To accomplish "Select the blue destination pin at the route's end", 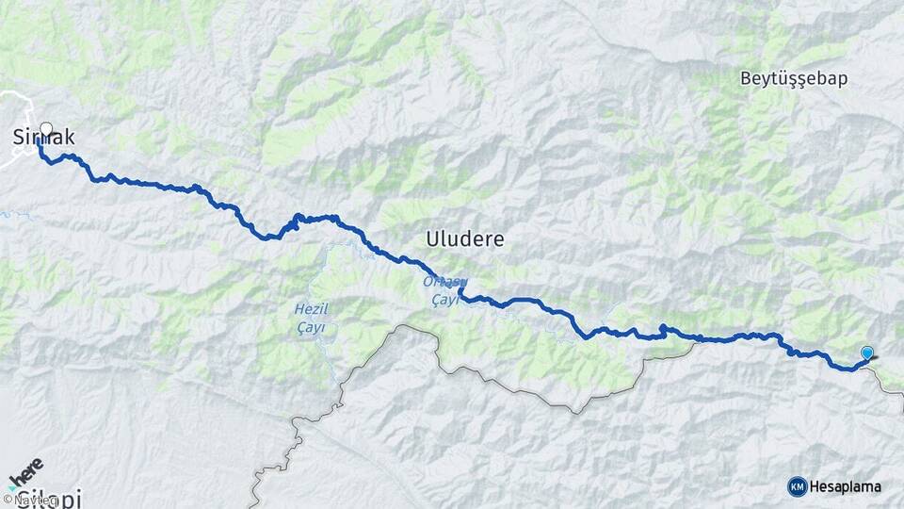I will tap(867, 353).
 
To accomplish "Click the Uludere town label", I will tap(464, 239).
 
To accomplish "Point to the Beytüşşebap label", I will tap(794, 78).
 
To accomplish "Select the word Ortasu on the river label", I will tap(444, 282).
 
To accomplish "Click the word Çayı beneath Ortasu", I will tap(444, 299).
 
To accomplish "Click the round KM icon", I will tap(797, 486).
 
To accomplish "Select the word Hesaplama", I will tap(846, 486).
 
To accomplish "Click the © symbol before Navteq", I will tap(7, 499).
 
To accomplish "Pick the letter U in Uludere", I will tap(433, 239).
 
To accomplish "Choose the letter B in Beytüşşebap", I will tap(746, 78).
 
